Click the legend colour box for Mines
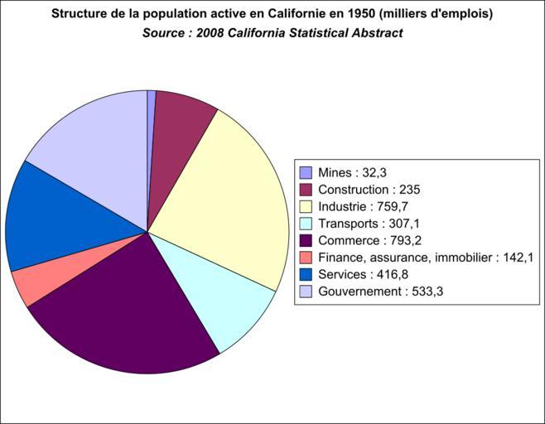pyautogui.click(x=306, y=173)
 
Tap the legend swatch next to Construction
pyautogui.click(x=306, y=190)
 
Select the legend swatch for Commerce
pyautogui.click(x=306, y=240)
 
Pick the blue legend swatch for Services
pyautogui.click(x=306, y=274)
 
